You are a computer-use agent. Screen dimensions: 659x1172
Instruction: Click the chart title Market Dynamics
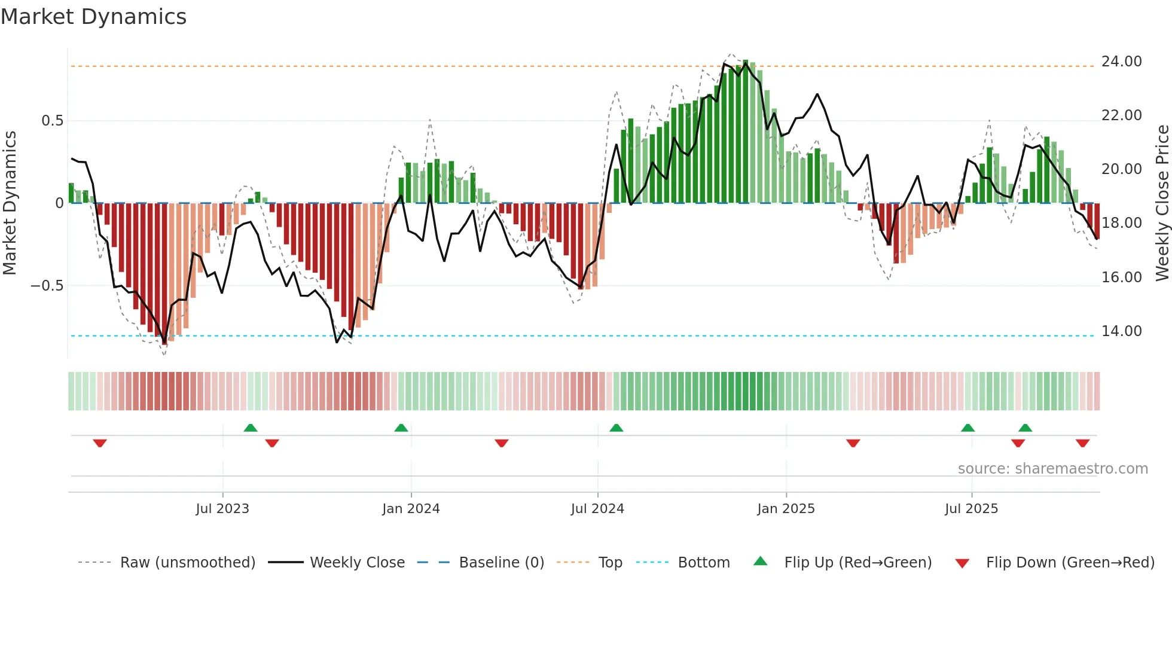93,17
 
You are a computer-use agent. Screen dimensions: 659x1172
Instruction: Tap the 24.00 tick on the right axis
1121,62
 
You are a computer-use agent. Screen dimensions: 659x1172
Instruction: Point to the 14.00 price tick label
1121,331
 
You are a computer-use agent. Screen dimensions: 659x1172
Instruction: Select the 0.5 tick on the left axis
52,121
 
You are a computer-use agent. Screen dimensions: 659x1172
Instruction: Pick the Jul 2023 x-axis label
222,509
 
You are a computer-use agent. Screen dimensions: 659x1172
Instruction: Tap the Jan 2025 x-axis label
785,509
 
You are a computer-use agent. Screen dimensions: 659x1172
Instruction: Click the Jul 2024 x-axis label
597,509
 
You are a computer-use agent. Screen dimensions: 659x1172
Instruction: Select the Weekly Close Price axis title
1162,203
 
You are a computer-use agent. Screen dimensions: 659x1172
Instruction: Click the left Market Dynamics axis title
10,203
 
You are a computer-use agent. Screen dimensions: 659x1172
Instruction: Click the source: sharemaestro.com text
1052,469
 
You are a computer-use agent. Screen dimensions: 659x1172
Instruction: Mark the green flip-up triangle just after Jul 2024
616,428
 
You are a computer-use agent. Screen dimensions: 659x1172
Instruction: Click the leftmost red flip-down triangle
100,443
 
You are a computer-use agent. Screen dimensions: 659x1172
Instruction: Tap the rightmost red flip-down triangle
1082,443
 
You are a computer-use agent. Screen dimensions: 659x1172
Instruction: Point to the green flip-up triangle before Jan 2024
401,428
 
